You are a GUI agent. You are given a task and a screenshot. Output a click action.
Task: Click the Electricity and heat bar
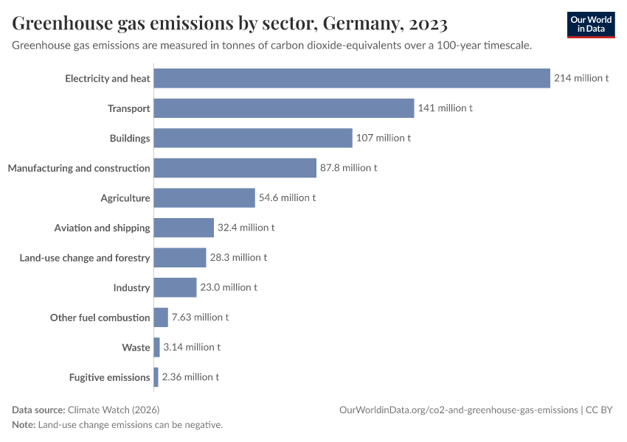pos(352,78)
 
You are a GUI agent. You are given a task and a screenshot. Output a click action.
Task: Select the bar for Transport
pos(284,108)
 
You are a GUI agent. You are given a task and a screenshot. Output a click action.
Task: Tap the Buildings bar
pos(253,138)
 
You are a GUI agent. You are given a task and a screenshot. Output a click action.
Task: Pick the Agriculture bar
pos(204,197)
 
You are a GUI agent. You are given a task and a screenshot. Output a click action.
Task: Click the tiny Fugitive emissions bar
pos(156,377)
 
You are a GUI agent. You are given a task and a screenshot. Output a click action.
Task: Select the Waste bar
pos(156,347)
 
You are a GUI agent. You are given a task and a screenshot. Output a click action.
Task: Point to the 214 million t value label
pos(581,78)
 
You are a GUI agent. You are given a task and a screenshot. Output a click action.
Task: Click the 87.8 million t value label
pos(348,168)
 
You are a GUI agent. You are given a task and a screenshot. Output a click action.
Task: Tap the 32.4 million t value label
pos(246,228)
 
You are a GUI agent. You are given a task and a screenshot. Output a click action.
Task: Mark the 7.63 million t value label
pos(200,318)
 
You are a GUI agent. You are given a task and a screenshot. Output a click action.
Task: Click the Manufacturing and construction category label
pos(79,168)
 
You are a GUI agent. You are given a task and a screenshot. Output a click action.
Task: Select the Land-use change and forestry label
pos(85,258)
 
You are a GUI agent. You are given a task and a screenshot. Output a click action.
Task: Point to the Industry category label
pos(131,287)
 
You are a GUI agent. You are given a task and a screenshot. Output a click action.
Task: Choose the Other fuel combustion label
pos(100,318)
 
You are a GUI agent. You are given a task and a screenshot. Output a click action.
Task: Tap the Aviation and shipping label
pos(102,228)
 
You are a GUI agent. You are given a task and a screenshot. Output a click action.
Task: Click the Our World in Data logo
pos(591,24)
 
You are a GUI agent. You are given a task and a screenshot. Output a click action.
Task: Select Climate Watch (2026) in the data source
pos(113,410)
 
